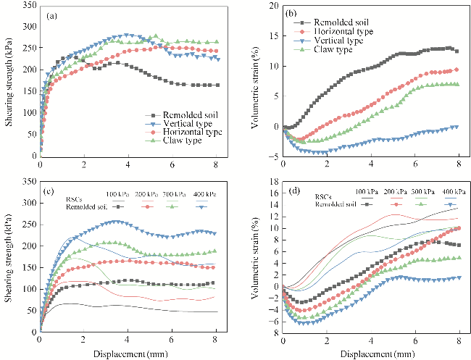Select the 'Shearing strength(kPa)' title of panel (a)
[x=8, y=81]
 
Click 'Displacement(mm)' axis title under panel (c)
[x=128, y=353]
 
